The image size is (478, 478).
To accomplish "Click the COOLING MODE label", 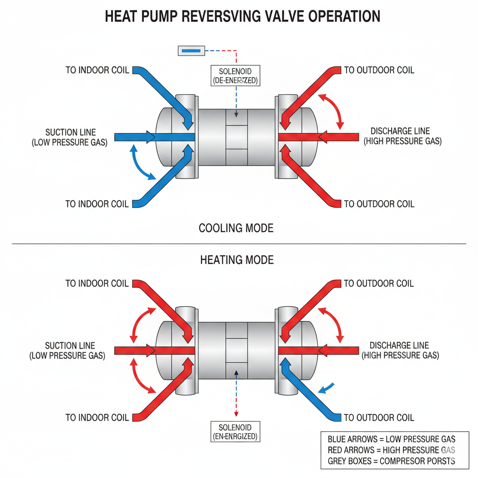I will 236,228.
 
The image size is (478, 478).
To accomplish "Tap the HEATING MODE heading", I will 237,260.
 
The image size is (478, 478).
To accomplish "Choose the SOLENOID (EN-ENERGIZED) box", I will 235,432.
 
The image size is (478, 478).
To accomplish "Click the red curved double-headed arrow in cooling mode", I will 332,110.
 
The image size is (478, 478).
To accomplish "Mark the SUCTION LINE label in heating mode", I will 70,351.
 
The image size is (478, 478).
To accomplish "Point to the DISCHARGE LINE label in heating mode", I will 400,351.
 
